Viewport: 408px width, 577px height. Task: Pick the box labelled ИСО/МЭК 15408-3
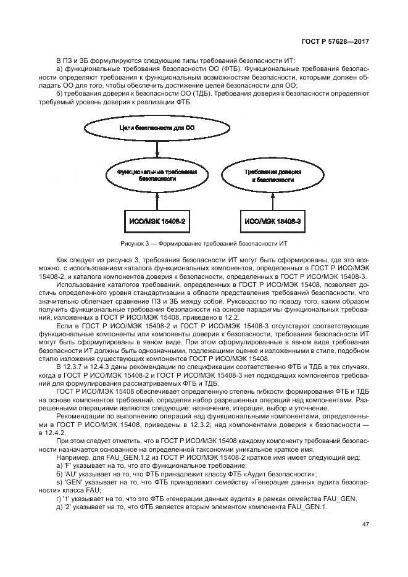(272, 220)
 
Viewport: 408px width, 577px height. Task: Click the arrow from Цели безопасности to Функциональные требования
(159, 149)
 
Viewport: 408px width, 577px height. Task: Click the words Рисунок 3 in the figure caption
(137, 243)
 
